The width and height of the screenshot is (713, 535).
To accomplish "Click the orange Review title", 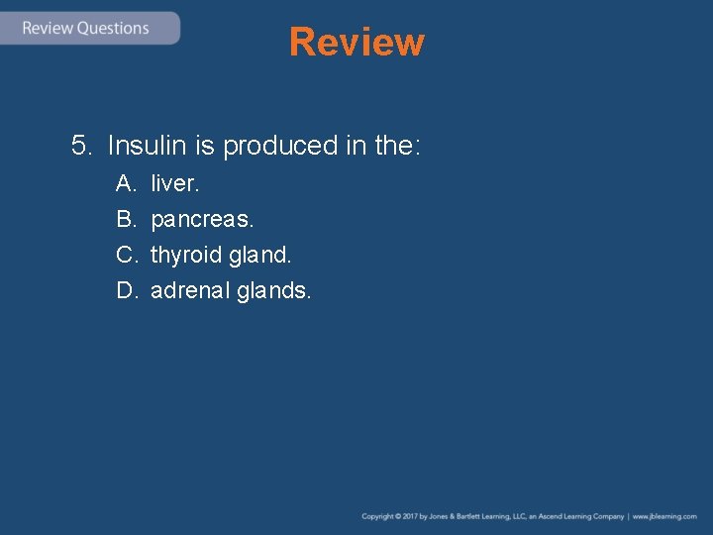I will point(356,43).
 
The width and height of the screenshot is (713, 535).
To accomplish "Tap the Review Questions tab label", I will point(85,28).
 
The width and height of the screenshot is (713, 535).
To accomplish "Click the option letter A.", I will point(126,183).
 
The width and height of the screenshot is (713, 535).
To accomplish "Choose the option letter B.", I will point(126,219).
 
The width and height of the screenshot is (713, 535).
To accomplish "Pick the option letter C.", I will point(126,255).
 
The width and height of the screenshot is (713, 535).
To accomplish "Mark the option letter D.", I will point(126,290).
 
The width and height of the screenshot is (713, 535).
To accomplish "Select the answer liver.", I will point(174,183).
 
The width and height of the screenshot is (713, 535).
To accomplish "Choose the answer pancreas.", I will point(202,219).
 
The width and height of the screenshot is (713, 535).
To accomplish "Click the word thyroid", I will point(185,256).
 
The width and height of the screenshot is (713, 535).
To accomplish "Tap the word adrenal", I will point(190,290).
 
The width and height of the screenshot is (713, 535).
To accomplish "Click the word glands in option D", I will point(274,290).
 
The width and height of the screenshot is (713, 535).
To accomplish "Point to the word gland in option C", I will point(259,255).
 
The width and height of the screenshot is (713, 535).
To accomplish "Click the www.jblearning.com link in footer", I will point(664,516).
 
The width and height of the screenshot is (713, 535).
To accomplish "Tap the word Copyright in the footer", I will point(377,516).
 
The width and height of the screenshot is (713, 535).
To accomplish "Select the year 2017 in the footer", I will point(408,516).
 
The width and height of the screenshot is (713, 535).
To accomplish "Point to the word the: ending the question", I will point(398,147).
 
